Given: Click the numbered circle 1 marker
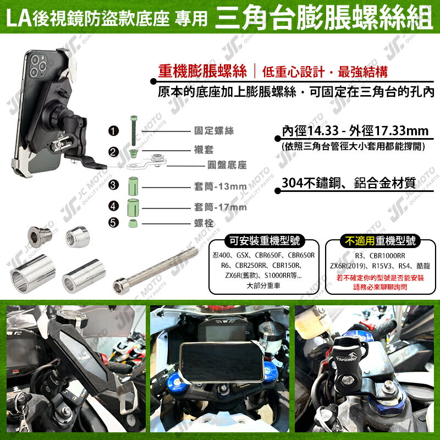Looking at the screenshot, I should pos(114,131).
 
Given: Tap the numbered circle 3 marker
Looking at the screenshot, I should pos(114,185).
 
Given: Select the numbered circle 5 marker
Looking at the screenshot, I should pos(114,223).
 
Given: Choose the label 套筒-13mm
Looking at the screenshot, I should pos(220,187).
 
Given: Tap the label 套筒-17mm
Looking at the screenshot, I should pos(220,207).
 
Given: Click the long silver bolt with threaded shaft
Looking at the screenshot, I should pos(157,272).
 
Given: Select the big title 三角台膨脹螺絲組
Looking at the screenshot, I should pos(324,17).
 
